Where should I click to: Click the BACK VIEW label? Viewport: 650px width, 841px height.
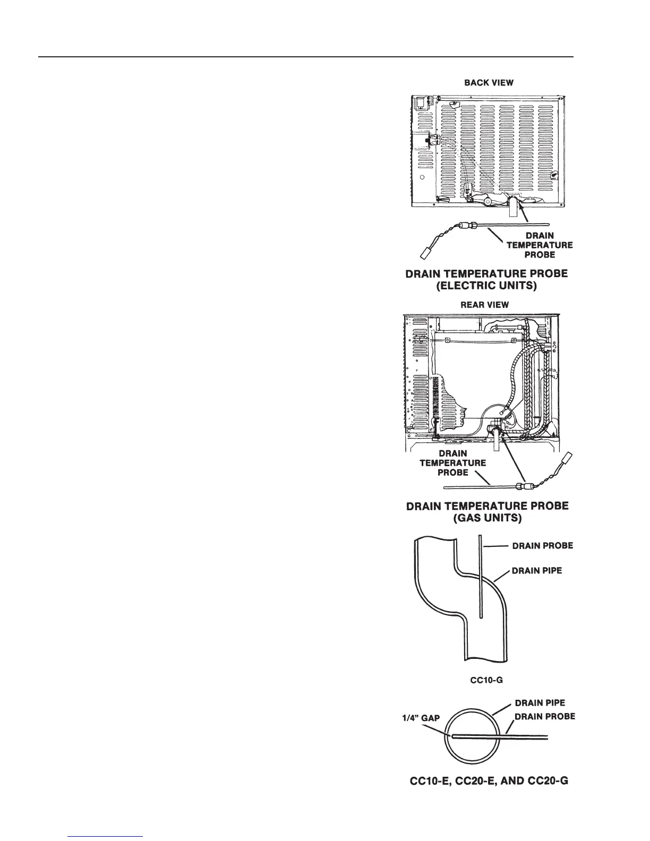[489, 83]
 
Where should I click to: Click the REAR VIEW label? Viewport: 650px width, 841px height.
[484, 305]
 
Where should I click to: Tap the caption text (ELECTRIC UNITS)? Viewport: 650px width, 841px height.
[486, 286]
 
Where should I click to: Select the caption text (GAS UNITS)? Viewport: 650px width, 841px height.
[487, 518]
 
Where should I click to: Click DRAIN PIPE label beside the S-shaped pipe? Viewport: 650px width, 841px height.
[536, 571]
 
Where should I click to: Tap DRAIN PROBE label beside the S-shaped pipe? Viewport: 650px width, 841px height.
[542, 545]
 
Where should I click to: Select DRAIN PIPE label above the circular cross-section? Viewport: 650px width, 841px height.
[540, 703]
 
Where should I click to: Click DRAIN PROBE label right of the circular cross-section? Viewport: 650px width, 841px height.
[544, 716]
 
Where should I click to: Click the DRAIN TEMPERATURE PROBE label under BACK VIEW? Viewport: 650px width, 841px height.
[540, 245]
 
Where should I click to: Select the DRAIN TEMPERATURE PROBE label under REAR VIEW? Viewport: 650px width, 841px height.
[452, 462]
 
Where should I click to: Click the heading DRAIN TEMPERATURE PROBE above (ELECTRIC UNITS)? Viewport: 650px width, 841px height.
[486, 274]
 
